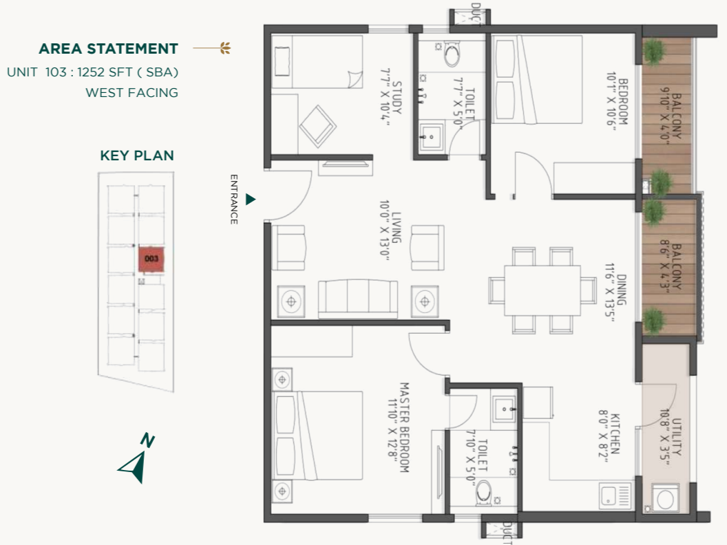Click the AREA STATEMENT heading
108,49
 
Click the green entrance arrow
251,199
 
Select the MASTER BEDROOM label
399,427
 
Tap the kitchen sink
615,496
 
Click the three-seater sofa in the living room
358,299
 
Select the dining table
542,290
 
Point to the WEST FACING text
131,92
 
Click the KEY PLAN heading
137,156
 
